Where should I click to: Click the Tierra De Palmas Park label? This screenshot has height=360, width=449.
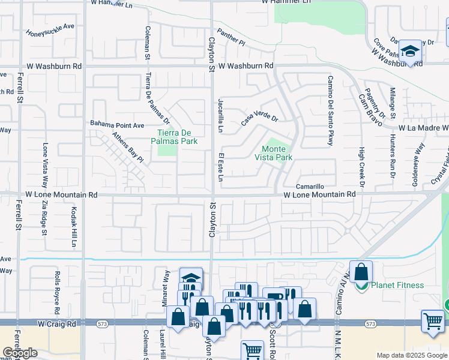(177, 137)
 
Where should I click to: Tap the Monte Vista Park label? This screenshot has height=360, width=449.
(277, 153)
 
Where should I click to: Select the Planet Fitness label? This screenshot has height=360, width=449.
(398, 286)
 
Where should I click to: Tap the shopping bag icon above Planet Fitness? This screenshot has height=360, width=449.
(361, 272)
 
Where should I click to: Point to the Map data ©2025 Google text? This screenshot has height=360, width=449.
(412, 355)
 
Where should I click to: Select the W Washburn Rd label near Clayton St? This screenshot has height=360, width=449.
(246, 65)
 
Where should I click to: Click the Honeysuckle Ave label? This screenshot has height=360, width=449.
(50, 30)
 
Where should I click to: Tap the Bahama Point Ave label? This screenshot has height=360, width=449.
(118, 125)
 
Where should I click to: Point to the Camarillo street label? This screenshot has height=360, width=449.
(310, 187)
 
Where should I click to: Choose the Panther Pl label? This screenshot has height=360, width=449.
(231, 38)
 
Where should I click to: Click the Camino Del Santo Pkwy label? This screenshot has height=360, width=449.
(330, 111)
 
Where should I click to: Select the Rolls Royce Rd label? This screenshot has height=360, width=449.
(58, 293)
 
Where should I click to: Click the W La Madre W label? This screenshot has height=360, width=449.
(424, 128)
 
